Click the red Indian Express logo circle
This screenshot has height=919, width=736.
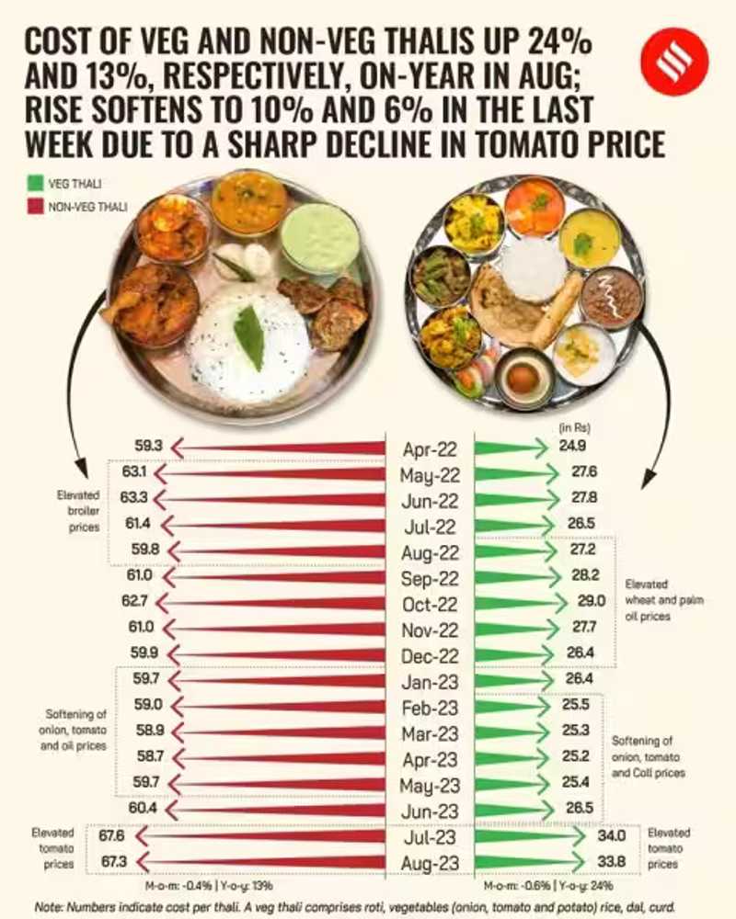[x=674, y=61]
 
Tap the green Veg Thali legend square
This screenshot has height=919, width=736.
[x=35, y=184]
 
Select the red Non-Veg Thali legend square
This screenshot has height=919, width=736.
[x=35, y=207]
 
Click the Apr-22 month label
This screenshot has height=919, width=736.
[x=430, y=449]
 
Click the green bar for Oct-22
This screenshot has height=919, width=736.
[x=515, y=604]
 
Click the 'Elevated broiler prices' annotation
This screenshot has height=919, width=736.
[x=77, y=510]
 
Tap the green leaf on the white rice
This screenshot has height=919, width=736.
[x=248, y=336]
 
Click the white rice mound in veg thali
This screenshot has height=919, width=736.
[x=534, y=268]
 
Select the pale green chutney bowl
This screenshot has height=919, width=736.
[x=319, y=237]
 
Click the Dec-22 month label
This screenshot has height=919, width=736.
[x=430, y=656]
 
